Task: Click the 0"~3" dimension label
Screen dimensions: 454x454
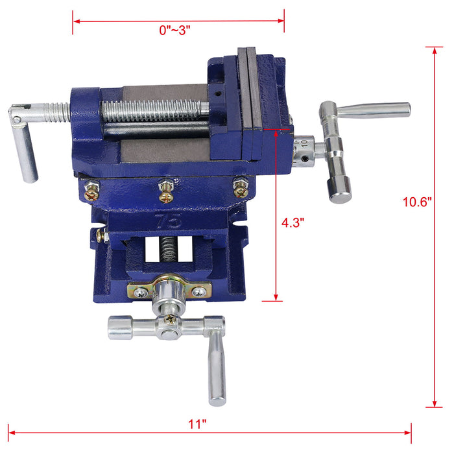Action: (174, 30)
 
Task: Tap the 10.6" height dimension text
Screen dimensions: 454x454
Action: (415, 202)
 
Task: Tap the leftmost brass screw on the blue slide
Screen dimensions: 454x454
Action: (93, 190)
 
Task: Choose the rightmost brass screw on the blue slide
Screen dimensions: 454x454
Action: (241, 188)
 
